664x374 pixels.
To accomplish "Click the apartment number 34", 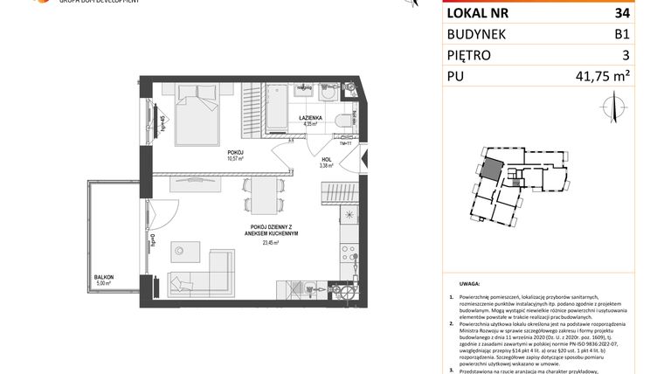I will point(621,12).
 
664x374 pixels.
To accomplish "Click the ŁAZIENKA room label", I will point(311,116).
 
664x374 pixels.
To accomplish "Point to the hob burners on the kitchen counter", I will point(349,214).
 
